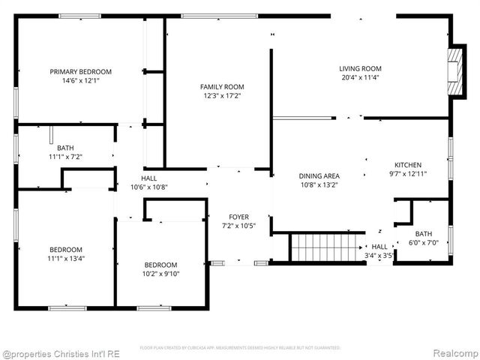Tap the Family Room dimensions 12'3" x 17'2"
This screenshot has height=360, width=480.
(222, 96)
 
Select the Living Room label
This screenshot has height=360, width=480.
(361, 68)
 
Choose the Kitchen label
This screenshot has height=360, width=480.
(409, 165)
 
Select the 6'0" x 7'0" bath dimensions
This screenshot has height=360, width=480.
(424, 242)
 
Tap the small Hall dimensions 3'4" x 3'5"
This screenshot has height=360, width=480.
(379, 255)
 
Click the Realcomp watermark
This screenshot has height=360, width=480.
(452, 351)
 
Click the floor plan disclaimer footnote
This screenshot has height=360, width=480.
(240, 347)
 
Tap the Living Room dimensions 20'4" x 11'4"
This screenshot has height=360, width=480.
(361, 77)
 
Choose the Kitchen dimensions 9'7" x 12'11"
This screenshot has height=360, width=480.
(409, 174)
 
